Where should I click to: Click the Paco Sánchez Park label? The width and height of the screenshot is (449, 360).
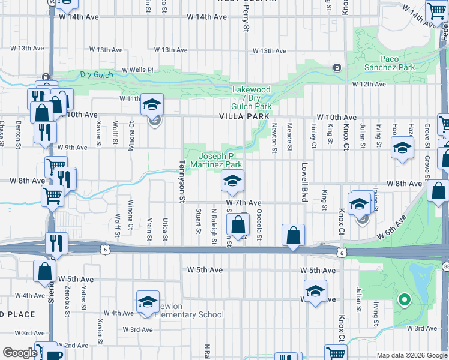pyautogui.click(x=389, y=62)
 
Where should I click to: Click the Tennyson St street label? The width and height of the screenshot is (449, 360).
pyautogui.click(x=184, y=181)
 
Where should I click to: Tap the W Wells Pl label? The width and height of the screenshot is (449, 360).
pyautogui.click(x=138, y=70)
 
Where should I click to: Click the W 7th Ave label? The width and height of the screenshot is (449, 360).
pyautogui.click(x=244, y=203)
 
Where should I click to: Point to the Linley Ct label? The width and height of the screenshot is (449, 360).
pyautogui.click(x=313, y=137)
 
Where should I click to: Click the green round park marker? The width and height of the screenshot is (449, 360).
pyautogui.click(x=404, y=299)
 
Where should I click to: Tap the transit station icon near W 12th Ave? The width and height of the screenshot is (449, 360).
pyautogui.click(x=337, y=67)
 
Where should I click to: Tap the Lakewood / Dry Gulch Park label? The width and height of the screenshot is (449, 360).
pyautogui.click(x=252, y=98)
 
